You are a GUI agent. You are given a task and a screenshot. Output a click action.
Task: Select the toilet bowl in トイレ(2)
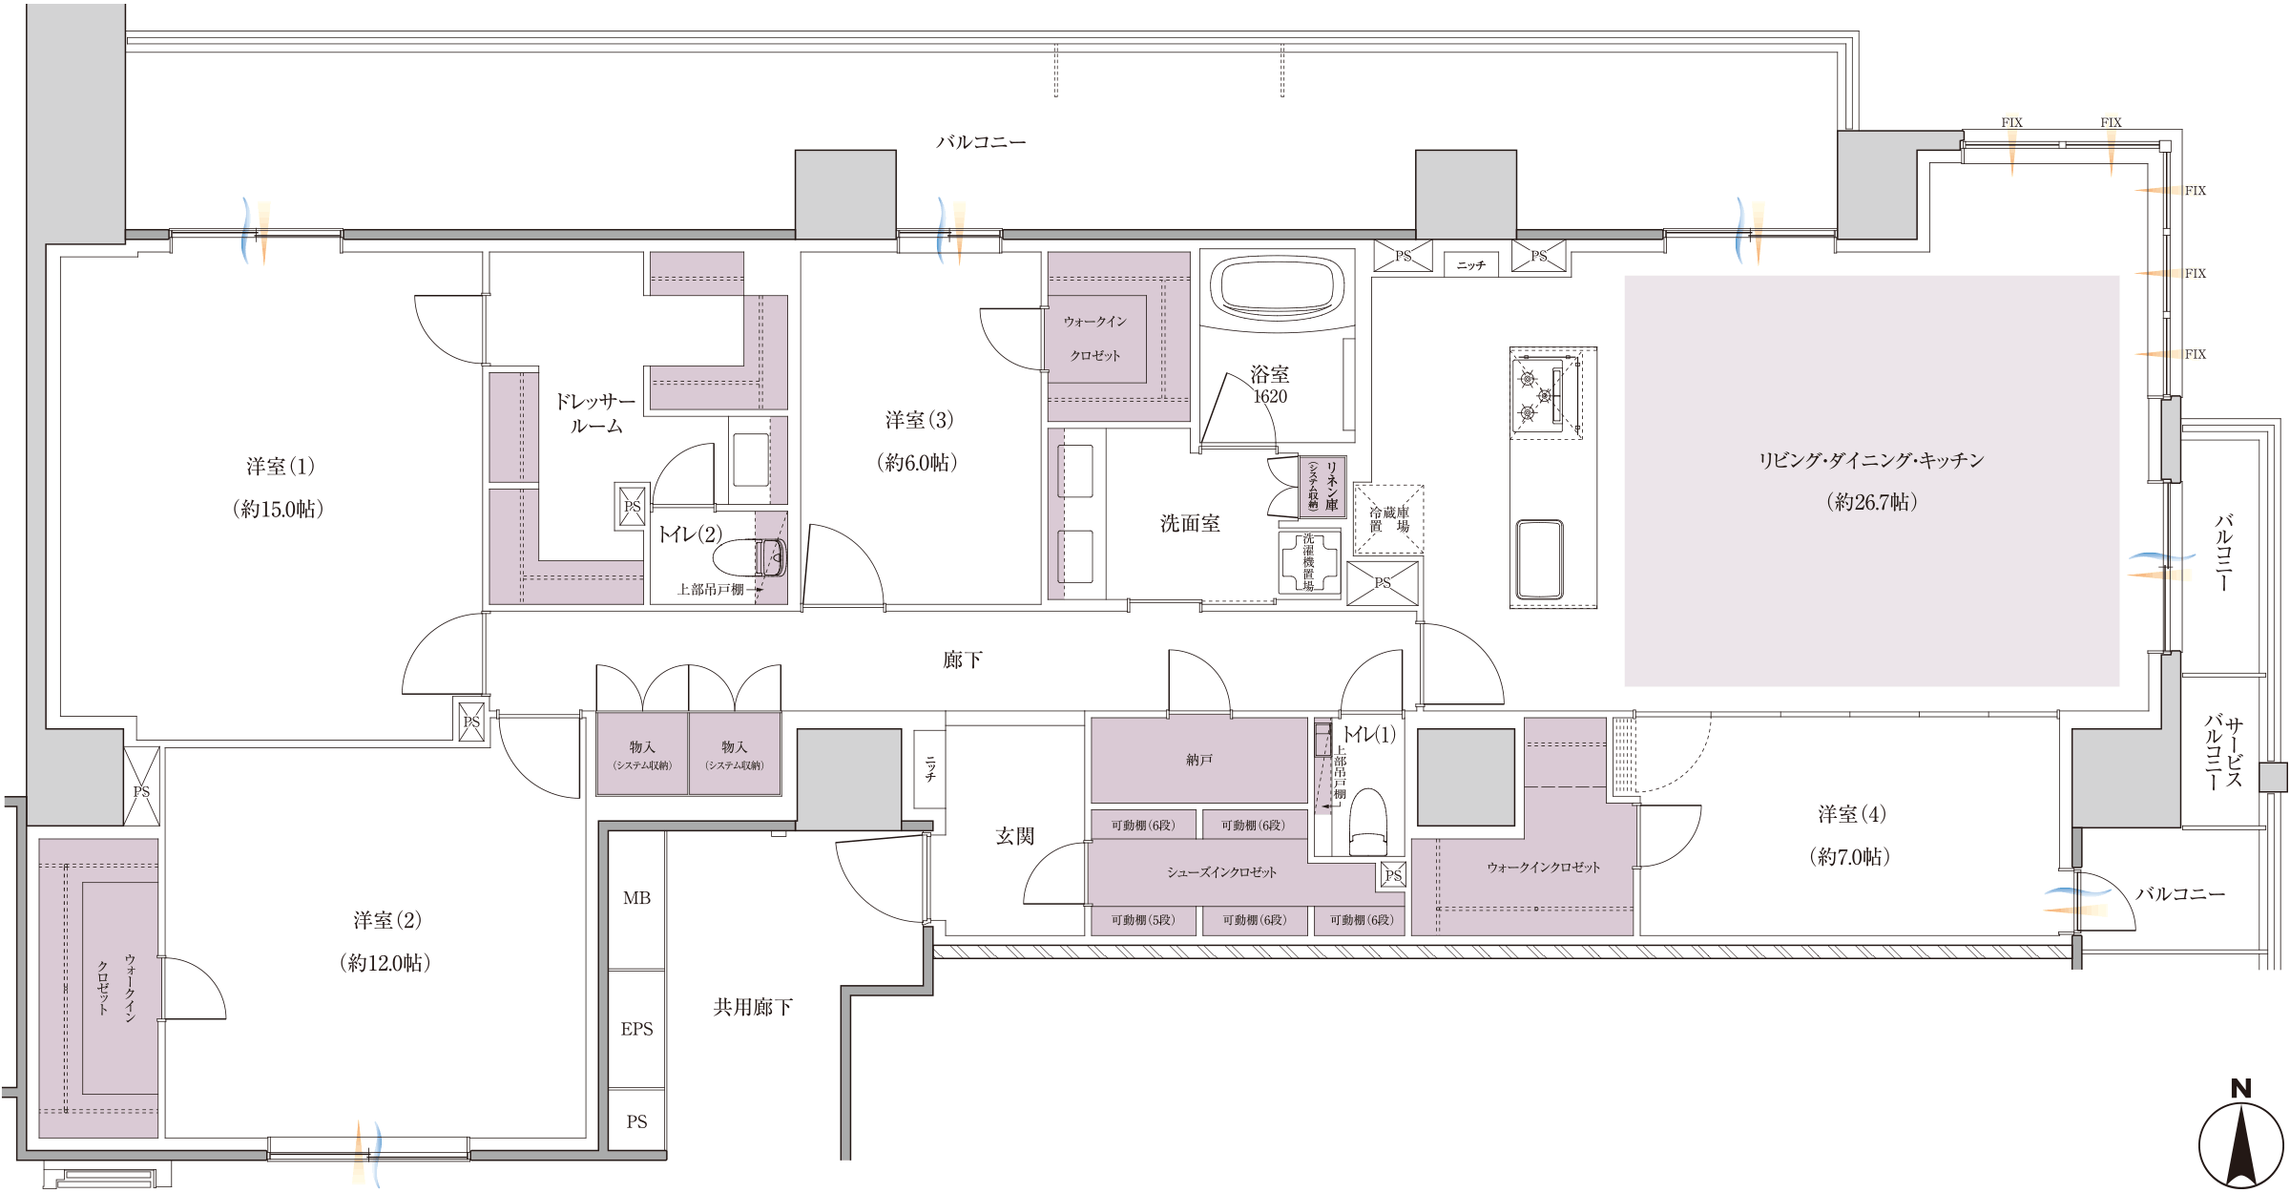[751, 557]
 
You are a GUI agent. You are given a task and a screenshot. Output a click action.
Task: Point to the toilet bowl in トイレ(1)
[1368, 822]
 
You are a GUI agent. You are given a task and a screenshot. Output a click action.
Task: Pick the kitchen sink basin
[1539, 559]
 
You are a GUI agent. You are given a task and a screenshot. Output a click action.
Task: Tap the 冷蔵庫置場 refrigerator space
[1389, 519]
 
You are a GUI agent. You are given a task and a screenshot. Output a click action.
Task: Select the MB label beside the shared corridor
[636, 898]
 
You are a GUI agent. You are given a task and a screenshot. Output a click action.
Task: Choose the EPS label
[636, 1029]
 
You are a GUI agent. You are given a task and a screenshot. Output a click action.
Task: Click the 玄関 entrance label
[1015, 836]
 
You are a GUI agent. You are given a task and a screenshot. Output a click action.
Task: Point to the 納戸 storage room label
[1199, 760]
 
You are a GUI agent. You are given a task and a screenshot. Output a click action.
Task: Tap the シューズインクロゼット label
[1221, 872]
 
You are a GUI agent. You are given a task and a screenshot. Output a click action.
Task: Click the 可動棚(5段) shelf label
[1142, 920]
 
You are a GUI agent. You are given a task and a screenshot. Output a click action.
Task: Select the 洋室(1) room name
[280, 467]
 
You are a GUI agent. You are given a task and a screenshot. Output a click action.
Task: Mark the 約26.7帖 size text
[1871, 502]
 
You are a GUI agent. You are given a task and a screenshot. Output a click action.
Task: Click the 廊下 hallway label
[963, 659]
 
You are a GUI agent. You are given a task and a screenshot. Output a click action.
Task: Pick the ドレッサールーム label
[595, 414]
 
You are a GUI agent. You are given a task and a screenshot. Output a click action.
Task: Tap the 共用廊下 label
[753, 1007]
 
